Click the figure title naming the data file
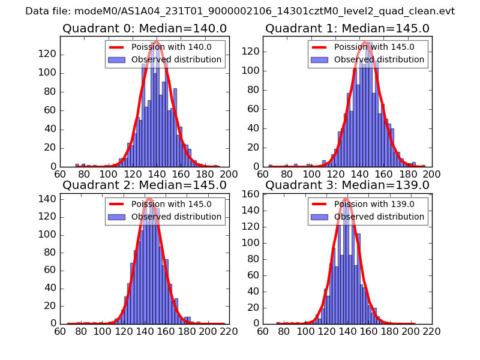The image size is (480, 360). (240, 11)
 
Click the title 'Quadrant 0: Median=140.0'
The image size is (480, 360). (144, 28)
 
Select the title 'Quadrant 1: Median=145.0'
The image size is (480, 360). (347, 28)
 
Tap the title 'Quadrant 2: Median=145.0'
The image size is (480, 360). (144, 185)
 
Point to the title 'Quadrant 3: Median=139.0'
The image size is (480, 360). (347, 185)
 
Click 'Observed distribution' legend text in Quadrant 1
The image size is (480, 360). (379, 59)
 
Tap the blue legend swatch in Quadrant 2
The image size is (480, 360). (117, 217)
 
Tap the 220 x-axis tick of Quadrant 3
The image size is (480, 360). (432, 331)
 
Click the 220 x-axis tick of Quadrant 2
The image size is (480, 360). (229, 331)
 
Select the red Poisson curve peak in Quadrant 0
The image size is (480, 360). (156, 41)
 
